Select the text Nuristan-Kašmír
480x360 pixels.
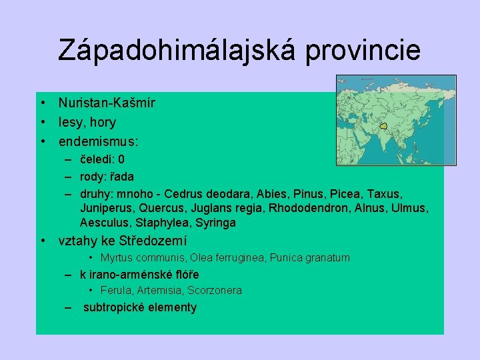(107, 103)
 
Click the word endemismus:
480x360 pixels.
(99, 141)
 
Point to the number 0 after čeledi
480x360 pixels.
(121, 159)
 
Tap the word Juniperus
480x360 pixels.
(103, 208)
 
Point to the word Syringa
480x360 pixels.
(215, 223)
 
